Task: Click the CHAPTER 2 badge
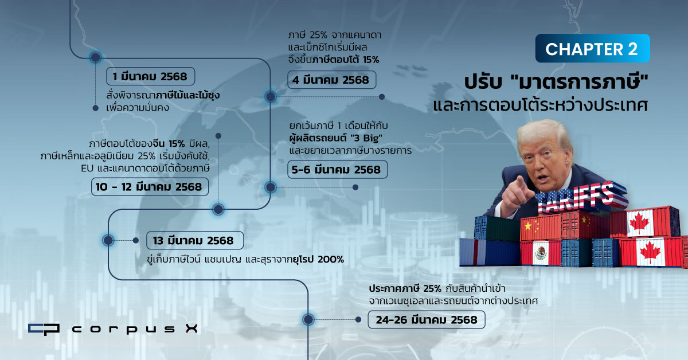point(592,49)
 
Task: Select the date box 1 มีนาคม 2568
point(150,76)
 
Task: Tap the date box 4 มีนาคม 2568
point(332,80)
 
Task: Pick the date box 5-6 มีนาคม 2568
point(337,170)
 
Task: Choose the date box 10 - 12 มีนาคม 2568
point(150,187)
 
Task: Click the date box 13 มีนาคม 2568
point(195,241)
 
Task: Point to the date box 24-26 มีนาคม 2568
point(427,320)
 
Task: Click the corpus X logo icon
point(44,329)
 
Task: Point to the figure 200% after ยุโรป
point(331,260)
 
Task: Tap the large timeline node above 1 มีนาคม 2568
point(96,57)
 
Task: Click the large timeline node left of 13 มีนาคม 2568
point(108,240)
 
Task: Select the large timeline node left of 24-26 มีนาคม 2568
point(308,319)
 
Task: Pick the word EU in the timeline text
point(87,169)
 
